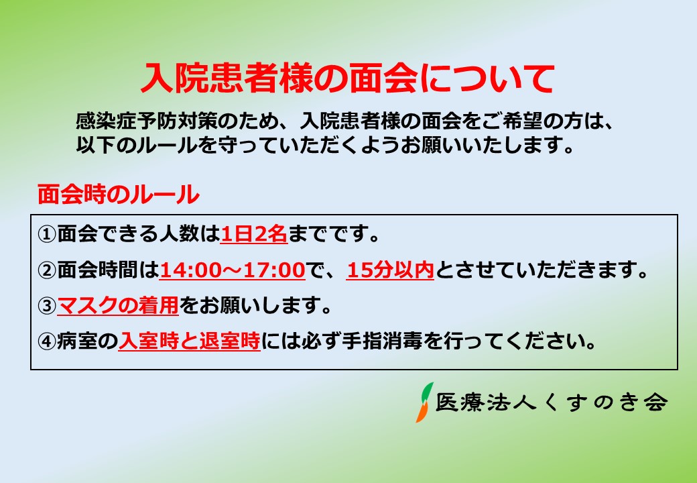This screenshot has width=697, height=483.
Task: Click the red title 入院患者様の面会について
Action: coord(348,78)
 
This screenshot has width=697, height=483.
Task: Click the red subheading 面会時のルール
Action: coord(118,195)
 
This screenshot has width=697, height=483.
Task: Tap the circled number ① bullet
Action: coord(47,234)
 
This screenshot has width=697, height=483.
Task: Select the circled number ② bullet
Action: coord(47,270)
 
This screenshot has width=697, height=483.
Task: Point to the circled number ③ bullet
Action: coord(47,305)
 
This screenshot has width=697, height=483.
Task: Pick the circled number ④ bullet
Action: coord(47,341)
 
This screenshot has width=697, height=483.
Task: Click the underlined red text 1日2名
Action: coord(254,234)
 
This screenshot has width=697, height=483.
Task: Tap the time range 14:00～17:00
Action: coord(232,270)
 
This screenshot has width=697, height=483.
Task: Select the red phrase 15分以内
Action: coord(390,270)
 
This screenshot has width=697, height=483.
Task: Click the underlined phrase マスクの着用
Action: coord(118,305)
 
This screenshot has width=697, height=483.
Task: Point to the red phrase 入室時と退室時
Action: coord(190,341)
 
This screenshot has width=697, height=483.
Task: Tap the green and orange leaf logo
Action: coord(424,402)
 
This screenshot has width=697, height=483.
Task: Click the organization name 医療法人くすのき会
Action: coord(552,402)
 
